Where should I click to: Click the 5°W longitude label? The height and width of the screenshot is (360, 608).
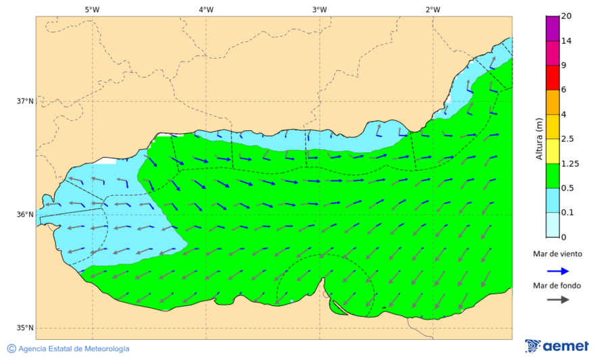pos(92,9)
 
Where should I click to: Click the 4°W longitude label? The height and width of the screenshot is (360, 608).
pos(206,9)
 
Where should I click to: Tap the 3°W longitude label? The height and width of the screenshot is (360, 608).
pos(320,9)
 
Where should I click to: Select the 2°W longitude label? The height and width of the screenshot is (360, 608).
pos(433,9)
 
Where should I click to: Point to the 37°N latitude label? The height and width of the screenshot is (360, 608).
pos(25,101)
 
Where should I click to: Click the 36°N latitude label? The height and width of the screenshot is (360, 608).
pos(25,215)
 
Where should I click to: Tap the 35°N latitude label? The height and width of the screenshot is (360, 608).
pos(25,328)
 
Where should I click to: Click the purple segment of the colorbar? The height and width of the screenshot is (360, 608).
pos(553,28)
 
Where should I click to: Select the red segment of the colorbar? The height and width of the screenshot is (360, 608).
pos(553,77)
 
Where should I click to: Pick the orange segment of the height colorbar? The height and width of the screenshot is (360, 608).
pos(553,102)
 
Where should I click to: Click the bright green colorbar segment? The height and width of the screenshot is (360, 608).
pos(553,176)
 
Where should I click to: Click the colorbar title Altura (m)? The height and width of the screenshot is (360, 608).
pos(539,138)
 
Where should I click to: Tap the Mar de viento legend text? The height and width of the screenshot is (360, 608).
pos(557,254)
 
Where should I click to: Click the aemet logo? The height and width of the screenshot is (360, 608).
pos(557,346)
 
